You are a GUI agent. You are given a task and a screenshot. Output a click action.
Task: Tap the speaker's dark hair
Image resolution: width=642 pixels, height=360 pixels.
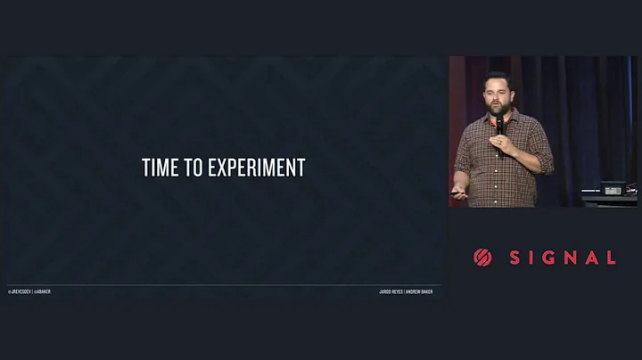(x=498, y=79)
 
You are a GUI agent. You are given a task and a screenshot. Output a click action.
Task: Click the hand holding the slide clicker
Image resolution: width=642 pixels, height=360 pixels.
(x=460, y=194)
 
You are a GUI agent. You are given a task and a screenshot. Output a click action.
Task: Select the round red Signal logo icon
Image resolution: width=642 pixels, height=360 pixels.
(x=482, y=258)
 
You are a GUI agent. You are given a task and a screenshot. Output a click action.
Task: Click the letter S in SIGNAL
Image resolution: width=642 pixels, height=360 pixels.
(x=515, y=258)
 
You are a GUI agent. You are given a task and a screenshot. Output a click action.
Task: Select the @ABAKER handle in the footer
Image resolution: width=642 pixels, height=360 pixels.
(x=42, y=291)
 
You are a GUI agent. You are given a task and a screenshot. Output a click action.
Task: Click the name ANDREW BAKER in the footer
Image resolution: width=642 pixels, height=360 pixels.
(x=419, y=291)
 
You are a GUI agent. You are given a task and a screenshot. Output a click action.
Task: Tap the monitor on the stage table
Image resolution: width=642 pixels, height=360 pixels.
(x=613, y=189)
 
